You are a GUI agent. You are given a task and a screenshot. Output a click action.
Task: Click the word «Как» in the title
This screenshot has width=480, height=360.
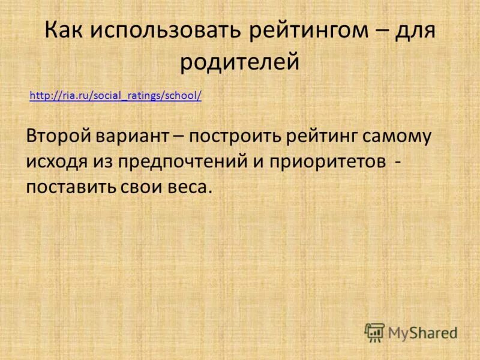pyautogui.click(x=65, y=30)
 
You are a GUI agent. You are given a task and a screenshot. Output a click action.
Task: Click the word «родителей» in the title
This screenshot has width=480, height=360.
pyautogui.click(x=240, y=62)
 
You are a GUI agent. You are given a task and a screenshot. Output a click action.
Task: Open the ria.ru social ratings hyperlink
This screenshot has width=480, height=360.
pyautogui.click(x=115, y=95)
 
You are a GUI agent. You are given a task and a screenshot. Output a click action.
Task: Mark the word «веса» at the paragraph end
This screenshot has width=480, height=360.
pyautogui.click(x=193, y=186)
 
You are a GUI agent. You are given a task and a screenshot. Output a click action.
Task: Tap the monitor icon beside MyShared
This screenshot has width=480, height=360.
pyautogui.click(x=374, y=332)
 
